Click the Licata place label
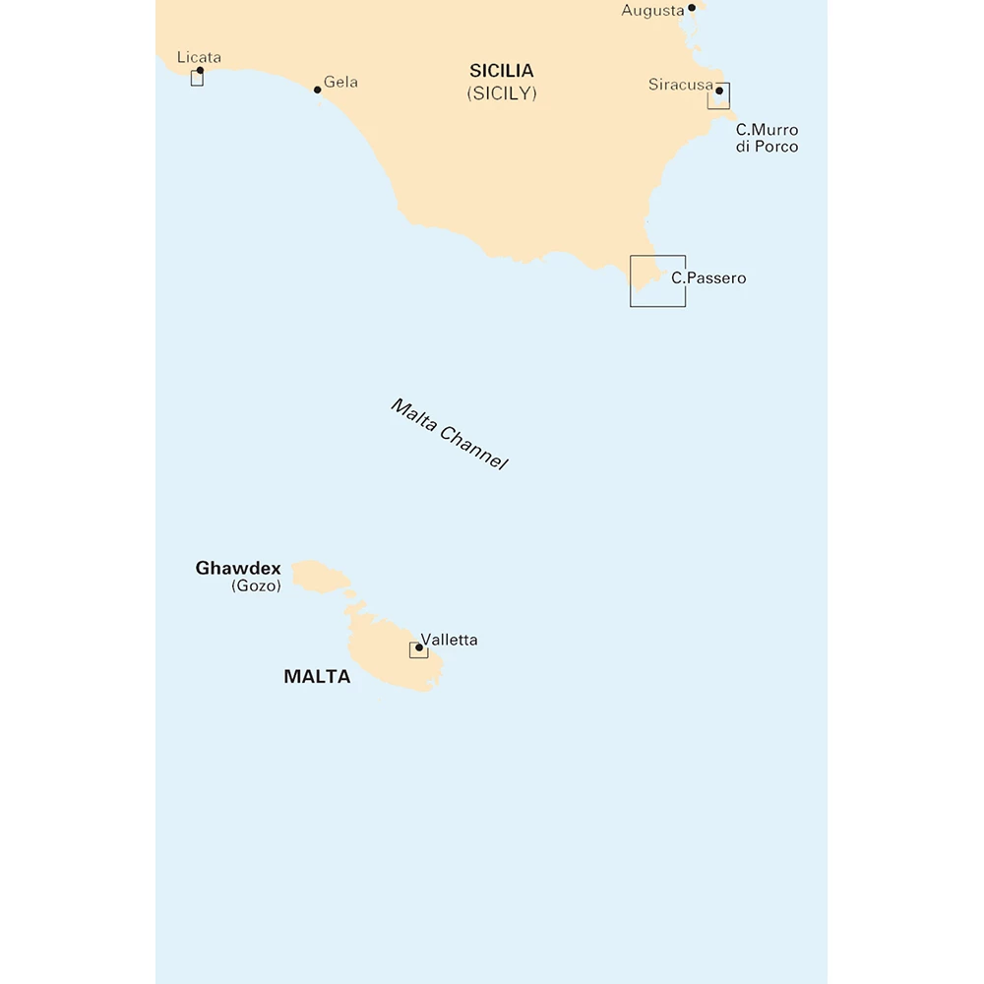(199, 57)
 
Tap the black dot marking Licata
(200, 71)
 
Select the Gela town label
(340, 82)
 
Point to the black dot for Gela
(317, 90)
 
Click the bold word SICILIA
(502, 71)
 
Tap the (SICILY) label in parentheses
(502, 93)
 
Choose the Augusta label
(652, 11)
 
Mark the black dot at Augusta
(692, 8)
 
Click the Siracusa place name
(680, 85)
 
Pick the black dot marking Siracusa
(719, 92)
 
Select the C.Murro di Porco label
(768, 138)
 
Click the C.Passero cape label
(708, 278)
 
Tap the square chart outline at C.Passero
(657, 280)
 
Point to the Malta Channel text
(449, 434)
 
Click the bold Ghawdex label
(238, 568)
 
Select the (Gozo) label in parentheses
(256, 586)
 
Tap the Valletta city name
(449, 640)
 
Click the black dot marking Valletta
(419, 647)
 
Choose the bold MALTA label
(317, 677)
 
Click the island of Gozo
(320, 577)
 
